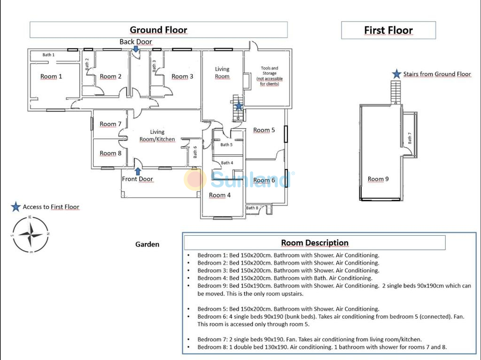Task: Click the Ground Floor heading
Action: pyautogui.click(x=158, y=30)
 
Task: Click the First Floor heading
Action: pyautogui.click(x=388, y=31)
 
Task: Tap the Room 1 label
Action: pyautogui.click(x=51, y=77)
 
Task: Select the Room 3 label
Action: pyautogui.click(x=182, y=77)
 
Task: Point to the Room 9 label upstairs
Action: pyautogui.click(x=378, y=179)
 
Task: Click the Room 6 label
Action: pyautogui.click(x=264, y=180)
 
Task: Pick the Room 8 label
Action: pyautogui.click(x=110, y=153)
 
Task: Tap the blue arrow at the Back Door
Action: pyautogui.click(x=136, y=49)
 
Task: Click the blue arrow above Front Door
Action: pyautogui.click(x=138, y=171)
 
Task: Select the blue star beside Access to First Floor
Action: pyautogui.click(x=16, y=207)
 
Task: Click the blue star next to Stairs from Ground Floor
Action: pyautogui.click(x=397, y=74)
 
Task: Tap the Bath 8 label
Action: pyautogui.click(x=252, y=208)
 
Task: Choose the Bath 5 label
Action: pyautogui.click(x=226, y=145)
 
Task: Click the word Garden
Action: pyautogui.click(x=147, y=244)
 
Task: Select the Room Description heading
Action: pyautogui.click(x=315, y=243)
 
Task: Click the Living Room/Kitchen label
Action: pyautogui.click(x=157, y=136)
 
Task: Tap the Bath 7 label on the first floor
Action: pyautogui.click(x=410, y=138)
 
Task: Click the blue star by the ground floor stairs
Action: pyautogui.click(x=239, y=106)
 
